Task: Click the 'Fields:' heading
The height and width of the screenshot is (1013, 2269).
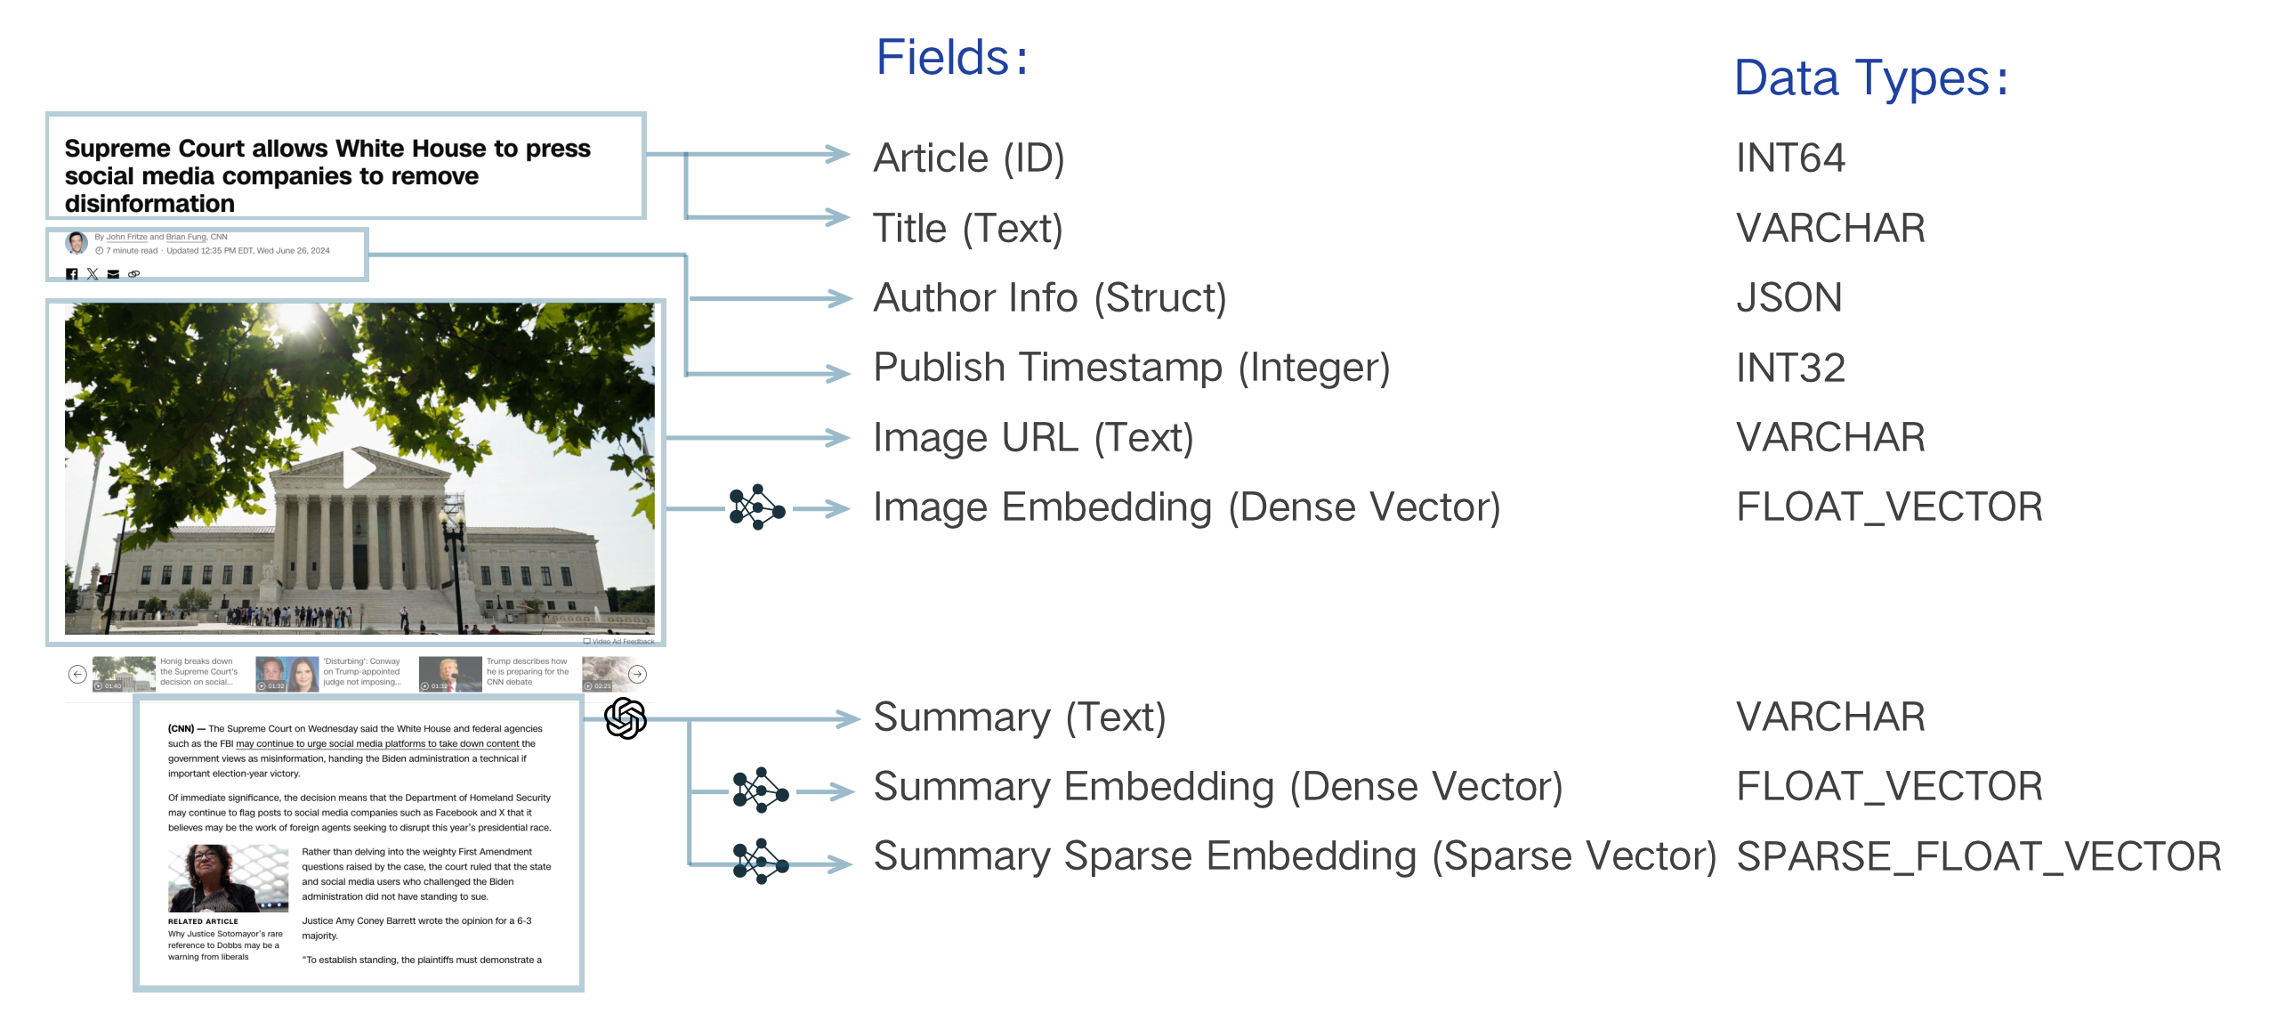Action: (x=950, y=58)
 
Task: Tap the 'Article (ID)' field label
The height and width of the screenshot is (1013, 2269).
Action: (x=968, y=158)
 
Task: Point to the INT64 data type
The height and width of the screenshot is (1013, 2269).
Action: (x=1790, y=158)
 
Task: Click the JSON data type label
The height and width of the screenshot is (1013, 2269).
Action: (x=1789, y=298)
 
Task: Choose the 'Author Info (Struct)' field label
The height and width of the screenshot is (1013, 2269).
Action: (x=1049, y=298)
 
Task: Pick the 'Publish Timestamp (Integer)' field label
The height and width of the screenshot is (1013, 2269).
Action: (x=1131, y=368)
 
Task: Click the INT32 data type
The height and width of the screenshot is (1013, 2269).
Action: (x=1790, y=368)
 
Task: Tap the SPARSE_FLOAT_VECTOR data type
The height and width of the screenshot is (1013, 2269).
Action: (x=1978, y=857)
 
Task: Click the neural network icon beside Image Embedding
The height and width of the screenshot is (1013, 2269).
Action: (x=757, y=507)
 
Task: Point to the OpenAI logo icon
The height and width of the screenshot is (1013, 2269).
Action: (x=626, y=717)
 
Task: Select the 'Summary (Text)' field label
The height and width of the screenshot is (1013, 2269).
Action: (x=1019, y=717)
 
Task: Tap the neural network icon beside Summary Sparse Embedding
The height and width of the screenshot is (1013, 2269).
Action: (x=760, y=861)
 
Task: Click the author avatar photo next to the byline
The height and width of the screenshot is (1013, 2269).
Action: (x=77, y=242)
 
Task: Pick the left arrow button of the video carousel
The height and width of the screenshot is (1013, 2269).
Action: (x=77, y=674)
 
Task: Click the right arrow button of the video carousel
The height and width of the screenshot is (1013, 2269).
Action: (x=638, y=674)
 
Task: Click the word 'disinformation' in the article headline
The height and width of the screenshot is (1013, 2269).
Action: (x=149, y=204)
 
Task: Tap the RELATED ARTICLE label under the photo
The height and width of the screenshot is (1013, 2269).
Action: (x=203, y=921)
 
